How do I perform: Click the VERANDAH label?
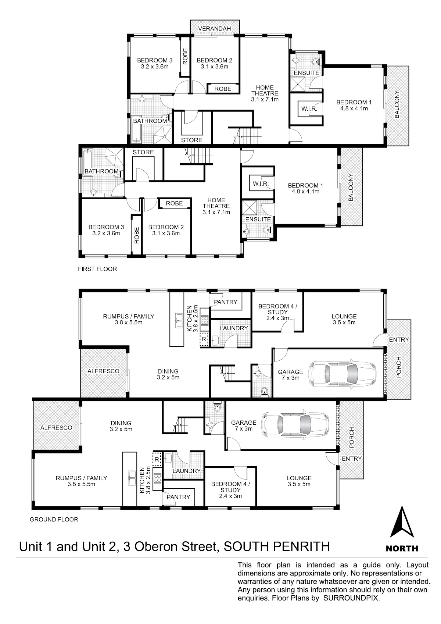pyautogui.click(x=214, y=28)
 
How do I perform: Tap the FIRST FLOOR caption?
pyautogui.click(x=97, y=269)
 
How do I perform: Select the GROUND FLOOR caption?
pyautogui.click(x=54, y=519)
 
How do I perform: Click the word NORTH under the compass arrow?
pyautogui.click(x=402, y=549)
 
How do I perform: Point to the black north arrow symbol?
pyautogui.click(x=402, y=521)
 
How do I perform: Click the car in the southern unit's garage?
pyautogui.click(x=295, y=424)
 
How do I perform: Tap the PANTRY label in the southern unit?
pyautogui.click(x=179, y=497)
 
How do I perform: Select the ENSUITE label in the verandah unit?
pyautogui.click(x=306, y=73)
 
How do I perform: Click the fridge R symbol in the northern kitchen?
pyautogui.click(x=204, y=339)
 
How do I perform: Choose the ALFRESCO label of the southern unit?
pyautogui.click(x=56, y=428)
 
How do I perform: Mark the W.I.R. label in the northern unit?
pyautogui.click(x=309, y=108)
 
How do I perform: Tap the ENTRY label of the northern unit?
pyautogui.click(x=399, y=340)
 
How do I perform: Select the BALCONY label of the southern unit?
pyautogui.click(x=351, y=187)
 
